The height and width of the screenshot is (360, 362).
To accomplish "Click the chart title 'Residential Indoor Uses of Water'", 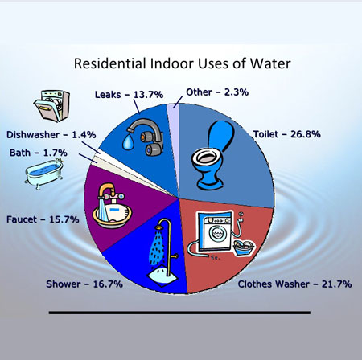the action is coord(183,63).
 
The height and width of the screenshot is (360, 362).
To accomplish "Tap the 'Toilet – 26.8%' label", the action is coord(286,134).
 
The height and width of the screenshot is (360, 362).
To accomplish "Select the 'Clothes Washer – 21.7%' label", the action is coord(294,284).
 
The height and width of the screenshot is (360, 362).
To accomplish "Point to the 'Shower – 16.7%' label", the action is coord(84,284).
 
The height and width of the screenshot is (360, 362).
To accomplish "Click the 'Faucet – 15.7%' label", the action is coord(43,219).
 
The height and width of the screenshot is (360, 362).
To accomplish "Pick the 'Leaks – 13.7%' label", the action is coord(129,95).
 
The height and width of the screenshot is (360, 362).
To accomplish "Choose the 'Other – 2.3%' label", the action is coord(217,92).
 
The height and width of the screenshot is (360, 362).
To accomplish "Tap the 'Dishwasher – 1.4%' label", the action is coord(51,135).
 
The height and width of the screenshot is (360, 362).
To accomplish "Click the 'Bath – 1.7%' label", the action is coord(39,153).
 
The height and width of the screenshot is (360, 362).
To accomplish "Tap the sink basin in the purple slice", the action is coord(113,214).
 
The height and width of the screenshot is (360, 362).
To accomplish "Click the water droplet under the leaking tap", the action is coord(127,142).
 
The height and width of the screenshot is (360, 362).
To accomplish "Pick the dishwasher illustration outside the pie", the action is coord(51,106).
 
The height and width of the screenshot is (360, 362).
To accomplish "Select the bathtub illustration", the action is coord(44,174).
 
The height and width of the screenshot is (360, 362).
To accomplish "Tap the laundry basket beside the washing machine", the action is coord(245,248).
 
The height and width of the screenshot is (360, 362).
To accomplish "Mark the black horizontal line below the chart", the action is coord(179,313).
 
